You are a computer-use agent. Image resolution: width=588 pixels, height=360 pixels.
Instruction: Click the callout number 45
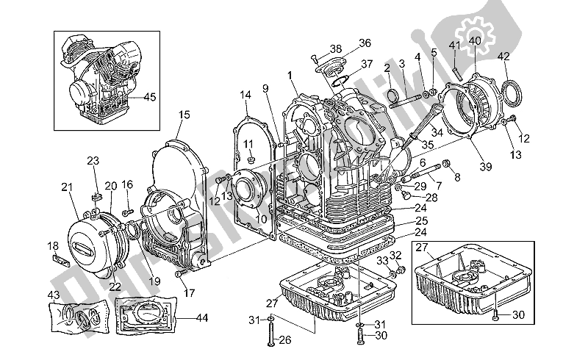coord(150,96)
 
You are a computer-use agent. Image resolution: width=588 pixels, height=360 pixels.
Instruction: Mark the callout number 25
coord(420,220)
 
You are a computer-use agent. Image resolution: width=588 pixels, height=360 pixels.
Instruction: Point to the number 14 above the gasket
coord(245,95)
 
